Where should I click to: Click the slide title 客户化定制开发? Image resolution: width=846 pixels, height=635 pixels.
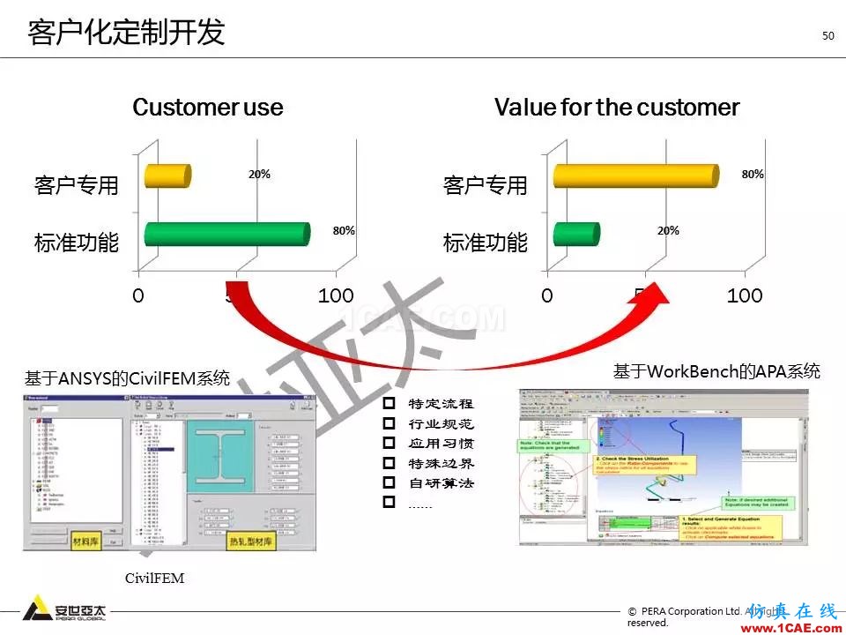pos(126,33)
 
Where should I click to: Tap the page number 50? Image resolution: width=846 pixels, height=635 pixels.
pos(827,36)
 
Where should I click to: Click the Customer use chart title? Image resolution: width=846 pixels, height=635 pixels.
pos(207,108)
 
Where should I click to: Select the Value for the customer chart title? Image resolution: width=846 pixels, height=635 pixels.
pos(616,108)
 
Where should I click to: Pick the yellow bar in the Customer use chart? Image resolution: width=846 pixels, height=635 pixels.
pos(167,176)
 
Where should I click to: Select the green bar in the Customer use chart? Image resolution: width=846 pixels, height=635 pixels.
pos(226,234)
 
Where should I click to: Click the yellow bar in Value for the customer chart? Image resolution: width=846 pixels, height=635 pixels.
pos(635,176)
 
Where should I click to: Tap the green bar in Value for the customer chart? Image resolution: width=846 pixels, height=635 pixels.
pos(576,234)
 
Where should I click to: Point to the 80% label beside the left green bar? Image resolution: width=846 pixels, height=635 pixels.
pos(344,231)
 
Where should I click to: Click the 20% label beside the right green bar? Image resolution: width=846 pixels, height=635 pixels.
pos(668,231)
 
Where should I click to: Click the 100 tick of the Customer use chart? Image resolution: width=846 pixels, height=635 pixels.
pos(336,295)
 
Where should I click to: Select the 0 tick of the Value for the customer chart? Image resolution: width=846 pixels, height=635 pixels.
pos(548,295)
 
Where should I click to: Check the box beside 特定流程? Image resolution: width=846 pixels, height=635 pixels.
pos(389,404)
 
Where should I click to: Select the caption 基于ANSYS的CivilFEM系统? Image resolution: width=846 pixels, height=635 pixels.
pos(127,379)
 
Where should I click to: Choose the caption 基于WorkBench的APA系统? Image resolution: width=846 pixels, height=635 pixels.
pos(716,371)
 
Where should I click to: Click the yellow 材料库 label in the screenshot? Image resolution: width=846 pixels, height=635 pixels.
pos(90,539)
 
